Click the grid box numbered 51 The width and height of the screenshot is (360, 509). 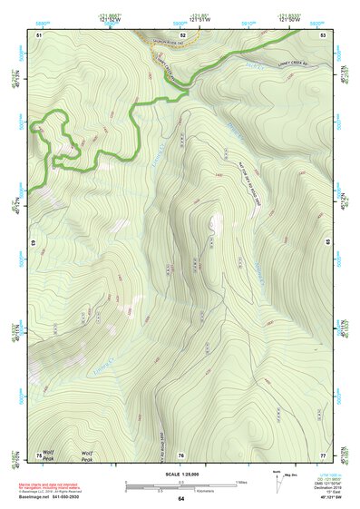point(39,34)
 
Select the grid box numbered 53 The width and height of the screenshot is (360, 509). point(323,34)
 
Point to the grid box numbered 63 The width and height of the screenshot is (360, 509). point(34,243)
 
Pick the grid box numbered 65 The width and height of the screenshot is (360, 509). point(326,243)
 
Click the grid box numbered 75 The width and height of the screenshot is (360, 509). point(39,454)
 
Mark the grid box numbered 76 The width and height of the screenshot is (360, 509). point(180,454)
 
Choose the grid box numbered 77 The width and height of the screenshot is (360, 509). point(323,454)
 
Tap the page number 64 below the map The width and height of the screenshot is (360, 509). point(180,499)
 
